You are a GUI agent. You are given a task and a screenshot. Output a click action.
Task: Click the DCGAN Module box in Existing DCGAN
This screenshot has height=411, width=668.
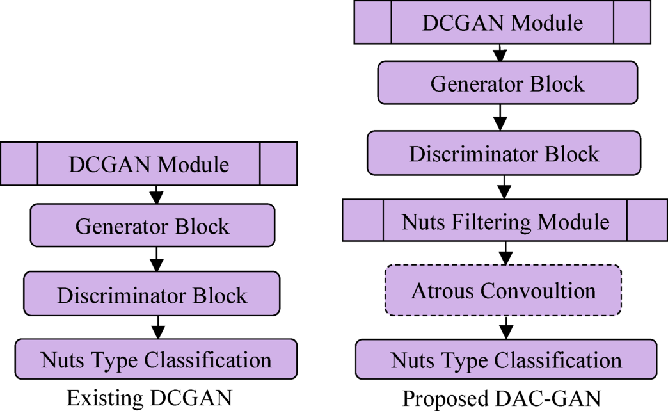(148, 165)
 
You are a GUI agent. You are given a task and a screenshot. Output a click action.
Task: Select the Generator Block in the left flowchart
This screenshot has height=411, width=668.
(152, 226)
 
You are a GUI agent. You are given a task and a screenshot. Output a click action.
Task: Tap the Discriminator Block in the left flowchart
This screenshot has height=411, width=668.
(152, 294)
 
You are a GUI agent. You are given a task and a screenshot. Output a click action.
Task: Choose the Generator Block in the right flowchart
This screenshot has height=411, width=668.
(507, 83)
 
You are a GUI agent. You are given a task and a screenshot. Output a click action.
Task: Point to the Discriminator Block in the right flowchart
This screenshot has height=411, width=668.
(504, 154)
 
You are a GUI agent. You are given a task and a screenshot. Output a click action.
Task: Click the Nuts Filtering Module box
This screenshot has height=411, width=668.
(505, 222)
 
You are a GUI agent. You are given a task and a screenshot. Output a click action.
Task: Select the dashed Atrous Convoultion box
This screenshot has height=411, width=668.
(503, 291)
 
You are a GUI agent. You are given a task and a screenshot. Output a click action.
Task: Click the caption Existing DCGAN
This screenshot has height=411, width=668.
(148, 398)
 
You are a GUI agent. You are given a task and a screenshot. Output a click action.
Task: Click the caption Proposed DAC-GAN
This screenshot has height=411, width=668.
(501, 398)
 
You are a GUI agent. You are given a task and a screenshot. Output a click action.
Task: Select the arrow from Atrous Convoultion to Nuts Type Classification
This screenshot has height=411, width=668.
(505, 327)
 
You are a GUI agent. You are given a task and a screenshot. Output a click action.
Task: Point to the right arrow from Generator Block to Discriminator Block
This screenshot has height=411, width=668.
(502, 117)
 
